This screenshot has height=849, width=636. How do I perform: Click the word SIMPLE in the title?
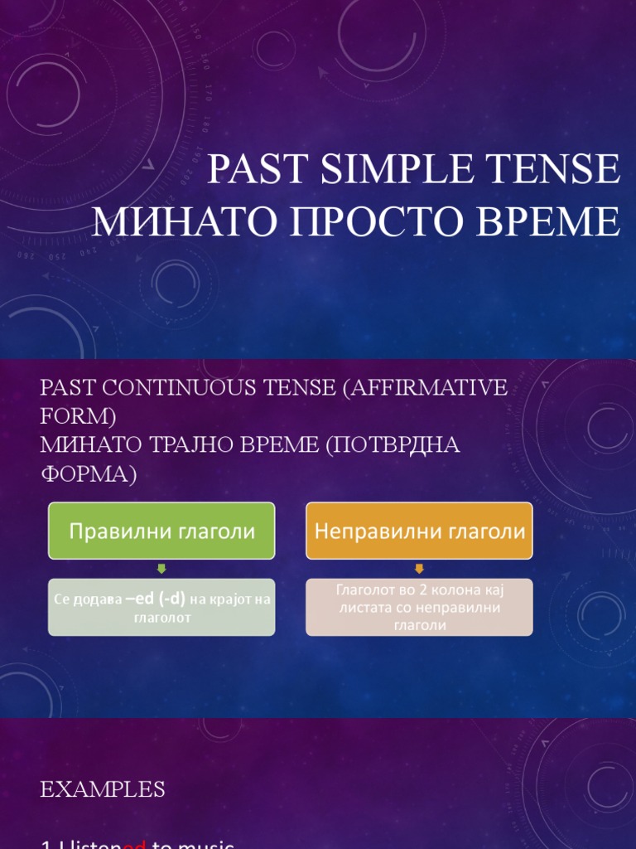point(388,170)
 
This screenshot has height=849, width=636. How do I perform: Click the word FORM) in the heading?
point(78,415)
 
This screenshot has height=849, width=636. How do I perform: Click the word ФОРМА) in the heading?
point(87,473)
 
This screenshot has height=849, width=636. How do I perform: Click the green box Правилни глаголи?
point(161,531)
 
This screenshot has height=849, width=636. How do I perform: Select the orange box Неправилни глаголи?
point(419,531)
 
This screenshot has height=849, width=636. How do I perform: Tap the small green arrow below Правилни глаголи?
point(161,569)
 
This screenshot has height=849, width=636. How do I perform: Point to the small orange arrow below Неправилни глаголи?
point(419,569)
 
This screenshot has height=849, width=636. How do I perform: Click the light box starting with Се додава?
point(161,607)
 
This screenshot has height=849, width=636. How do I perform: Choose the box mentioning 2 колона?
point(419,607)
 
